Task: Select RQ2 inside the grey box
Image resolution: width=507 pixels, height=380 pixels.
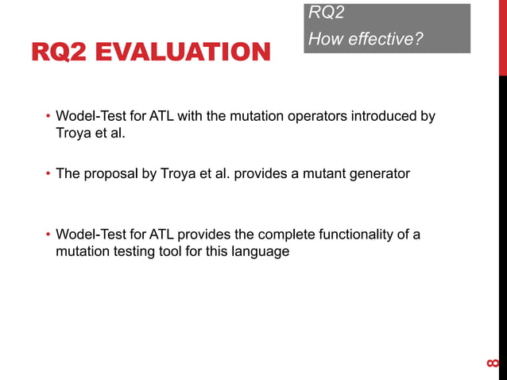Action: coord(326,12)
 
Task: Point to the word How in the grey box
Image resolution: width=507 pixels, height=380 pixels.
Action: coord(323,38)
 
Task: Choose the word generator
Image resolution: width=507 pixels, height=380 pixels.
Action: coord(379,173)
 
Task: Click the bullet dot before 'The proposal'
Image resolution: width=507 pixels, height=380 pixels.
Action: coord(48,173)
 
